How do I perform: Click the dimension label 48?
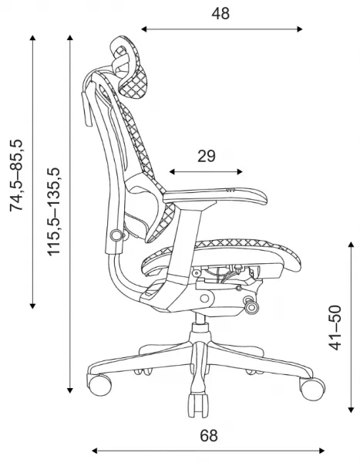point(220,14)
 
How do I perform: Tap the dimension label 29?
point(207,156)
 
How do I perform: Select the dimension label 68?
point(209,435)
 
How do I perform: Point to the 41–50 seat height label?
point(335,328)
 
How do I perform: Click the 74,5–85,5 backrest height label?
point(16,175)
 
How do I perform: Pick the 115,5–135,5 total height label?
point(54,211)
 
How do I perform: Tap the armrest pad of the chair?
point(215,196)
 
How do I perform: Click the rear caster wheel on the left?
point(99,384)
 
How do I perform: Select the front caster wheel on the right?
point(312,388)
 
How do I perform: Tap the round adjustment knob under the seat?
point(252,307)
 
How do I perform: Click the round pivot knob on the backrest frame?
point(116,235)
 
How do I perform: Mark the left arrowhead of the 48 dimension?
point(144,29)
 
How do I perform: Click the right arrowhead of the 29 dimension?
point(240,172)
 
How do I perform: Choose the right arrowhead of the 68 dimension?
point(321,451)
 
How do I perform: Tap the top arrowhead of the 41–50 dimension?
point(351,244)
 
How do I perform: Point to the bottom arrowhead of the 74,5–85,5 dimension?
point(32,306)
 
